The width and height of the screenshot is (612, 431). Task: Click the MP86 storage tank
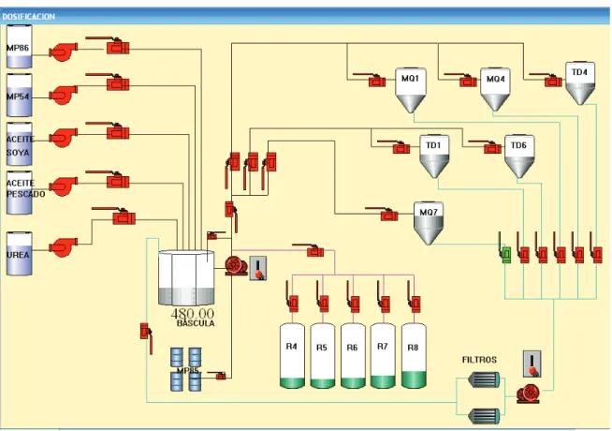[x=19, y=47]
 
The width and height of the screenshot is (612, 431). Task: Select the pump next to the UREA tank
[x=63, y=246]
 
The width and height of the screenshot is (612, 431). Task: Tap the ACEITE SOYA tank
[x=19, y=144]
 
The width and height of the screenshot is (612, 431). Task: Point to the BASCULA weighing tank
[x=186, y=278]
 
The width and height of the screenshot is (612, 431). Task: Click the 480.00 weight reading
[x=193, y=313]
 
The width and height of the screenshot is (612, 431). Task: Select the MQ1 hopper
[x=411, y=90]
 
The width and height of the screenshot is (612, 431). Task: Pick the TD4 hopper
[x=580, y=83]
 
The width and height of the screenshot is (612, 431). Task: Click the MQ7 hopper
[x=429, y=223]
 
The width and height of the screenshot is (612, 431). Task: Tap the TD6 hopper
[x=519, y=156]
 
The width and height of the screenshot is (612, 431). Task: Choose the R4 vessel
[x=292, y=356]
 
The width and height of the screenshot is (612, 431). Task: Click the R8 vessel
[x=414, y=356]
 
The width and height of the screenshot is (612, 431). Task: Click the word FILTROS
[x=479, y=360]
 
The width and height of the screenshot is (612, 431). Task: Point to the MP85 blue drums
[x=186, y=369]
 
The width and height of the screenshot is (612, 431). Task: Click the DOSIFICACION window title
[x=28, y=17]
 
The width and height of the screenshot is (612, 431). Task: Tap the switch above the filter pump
[x=532, y=364]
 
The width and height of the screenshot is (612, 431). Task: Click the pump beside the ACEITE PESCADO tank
[x=63, y=186]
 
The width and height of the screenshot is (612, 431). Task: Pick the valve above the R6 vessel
[x=353, y=298]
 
